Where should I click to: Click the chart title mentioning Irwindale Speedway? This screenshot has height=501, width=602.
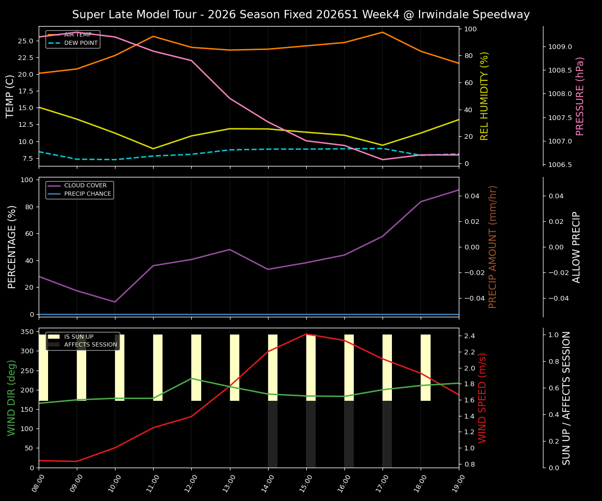point(300,15)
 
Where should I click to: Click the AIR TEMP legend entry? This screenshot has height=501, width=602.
point(77,35)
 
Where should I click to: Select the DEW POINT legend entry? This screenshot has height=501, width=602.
point(80,43)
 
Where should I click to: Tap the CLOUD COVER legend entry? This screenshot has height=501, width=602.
point(85,186)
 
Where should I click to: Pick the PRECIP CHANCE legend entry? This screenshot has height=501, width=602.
point(87,194)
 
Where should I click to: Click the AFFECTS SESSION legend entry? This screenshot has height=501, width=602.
point(90,345)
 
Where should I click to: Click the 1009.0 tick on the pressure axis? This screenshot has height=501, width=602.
point(560,47)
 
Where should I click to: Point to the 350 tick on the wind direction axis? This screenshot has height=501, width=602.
point(28,332)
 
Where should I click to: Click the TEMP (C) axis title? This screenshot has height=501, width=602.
point(10,96)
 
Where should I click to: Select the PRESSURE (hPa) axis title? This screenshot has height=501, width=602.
point(580,96)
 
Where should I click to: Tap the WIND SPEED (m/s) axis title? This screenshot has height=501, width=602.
point(482,398)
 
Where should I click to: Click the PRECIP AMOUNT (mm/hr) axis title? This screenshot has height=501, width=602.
point(493,247)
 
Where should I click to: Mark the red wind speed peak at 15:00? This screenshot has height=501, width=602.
point(306,334)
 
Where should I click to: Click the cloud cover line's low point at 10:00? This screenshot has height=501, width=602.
point(115,302)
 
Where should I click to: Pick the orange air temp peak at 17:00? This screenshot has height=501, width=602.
point(383,32)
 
